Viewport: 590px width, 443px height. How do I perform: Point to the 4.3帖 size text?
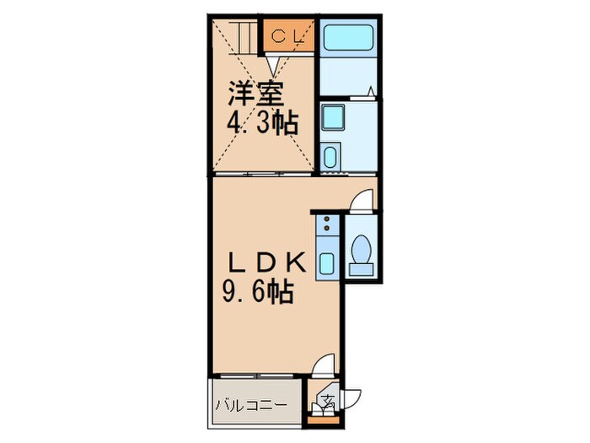point(260,123)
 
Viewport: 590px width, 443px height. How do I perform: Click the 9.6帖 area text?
point(260,292)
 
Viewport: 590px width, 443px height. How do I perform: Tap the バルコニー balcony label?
point(250,405)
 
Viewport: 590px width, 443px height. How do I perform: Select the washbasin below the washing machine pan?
point(331,157)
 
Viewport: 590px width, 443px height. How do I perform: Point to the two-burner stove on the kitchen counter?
point(326,225)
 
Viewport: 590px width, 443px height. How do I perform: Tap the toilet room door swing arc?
point(361,200)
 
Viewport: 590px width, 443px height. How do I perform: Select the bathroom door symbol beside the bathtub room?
point(371,90)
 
